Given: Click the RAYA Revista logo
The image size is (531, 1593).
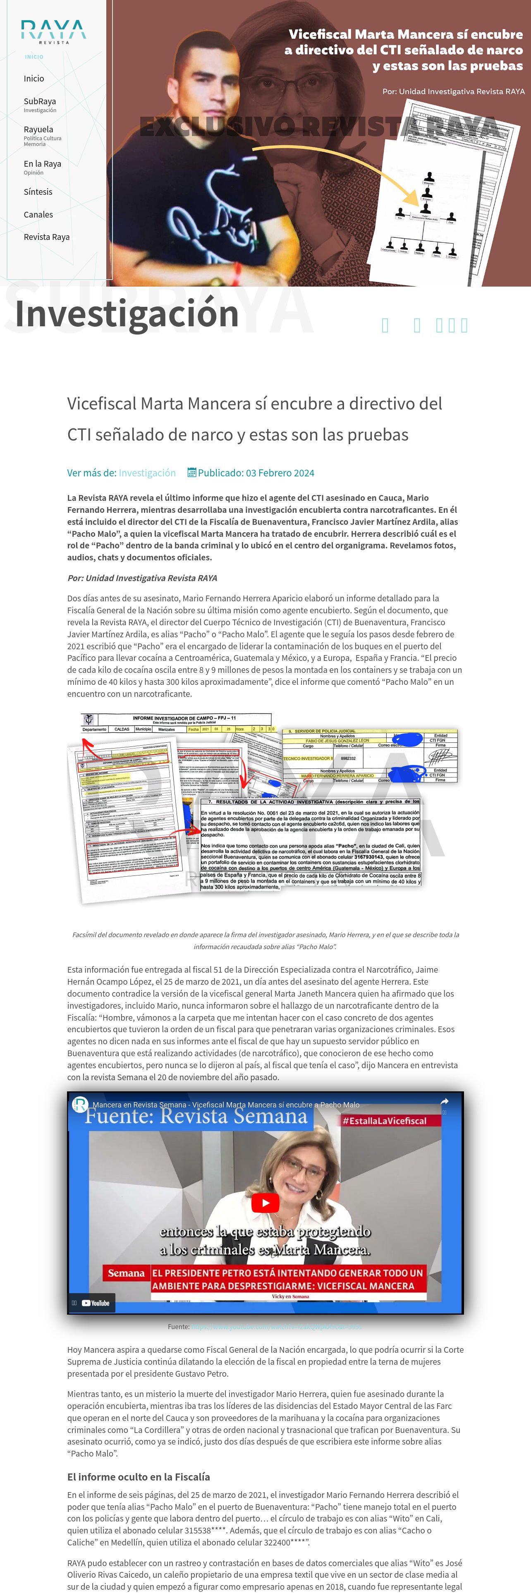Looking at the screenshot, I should click(53, 31).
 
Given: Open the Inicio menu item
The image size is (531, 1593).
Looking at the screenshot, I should click(34, 79).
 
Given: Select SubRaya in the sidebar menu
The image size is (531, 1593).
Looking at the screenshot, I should click(40, 101).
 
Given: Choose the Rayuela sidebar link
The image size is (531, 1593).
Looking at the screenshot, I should click(38, 129).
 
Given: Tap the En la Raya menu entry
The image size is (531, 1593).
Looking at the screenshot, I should click(42, 164).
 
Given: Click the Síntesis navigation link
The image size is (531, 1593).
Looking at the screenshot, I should click(38, 192).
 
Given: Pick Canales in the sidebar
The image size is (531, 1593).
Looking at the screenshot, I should click(38, 215).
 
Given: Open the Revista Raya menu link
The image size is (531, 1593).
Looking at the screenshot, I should click(46, 237).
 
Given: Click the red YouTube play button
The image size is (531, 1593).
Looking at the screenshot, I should click(265, 1203).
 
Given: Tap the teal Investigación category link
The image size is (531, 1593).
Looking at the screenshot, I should click(147, 473).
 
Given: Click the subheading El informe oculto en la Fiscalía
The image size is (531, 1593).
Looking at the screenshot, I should click(139, 1477).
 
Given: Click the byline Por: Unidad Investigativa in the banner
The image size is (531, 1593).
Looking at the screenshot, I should click(453, 91).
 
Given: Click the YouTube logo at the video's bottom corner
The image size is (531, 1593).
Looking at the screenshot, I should click(96, 1303).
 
